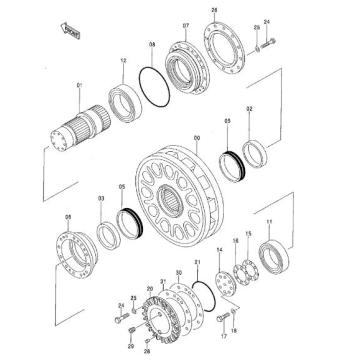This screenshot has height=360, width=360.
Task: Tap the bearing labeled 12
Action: [x=131, y=98]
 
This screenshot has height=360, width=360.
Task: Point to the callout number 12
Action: [x=123, y=62]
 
